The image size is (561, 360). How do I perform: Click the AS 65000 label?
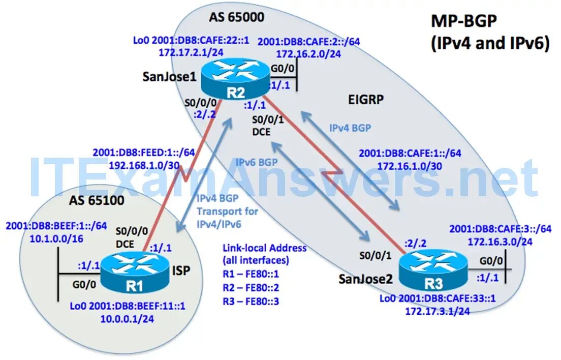[x=236, y=17]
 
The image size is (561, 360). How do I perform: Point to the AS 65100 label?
[x=96, y=200]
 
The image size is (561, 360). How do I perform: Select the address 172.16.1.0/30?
[x=410, y=165]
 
